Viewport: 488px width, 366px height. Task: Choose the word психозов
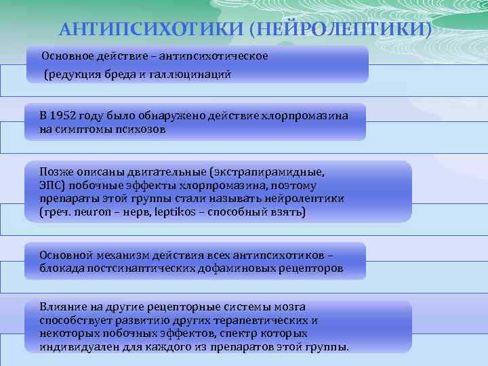click(140, 129)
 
